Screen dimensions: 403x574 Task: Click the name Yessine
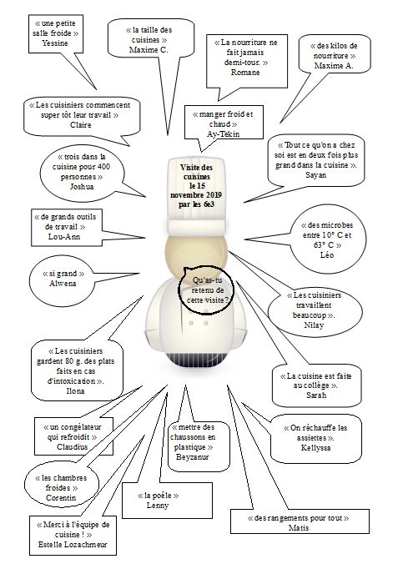coord(55,43)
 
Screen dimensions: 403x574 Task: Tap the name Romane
coord(245,72)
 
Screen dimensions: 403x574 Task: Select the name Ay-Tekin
coord(224,134)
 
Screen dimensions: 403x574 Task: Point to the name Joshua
coord(82,186)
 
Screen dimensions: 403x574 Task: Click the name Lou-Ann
coord(64,236)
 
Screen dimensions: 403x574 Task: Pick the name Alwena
coord(63,284)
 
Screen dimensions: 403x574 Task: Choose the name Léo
coord(327,254)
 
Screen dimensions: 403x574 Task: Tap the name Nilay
coord(314,325)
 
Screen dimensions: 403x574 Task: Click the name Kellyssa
coord(316,447)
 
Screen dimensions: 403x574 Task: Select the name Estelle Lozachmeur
coord(73,544)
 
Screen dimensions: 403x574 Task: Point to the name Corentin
coord(61,497)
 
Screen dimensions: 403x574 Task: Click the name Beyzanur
coord(193,456)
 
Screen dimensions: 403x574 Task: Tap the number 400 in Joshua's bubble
coord(103,167)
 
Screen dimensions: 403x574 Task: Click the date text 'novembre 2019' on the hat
coord(196,194)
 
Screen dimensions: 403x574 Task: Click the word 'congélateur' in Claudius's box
coord(80,427)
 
